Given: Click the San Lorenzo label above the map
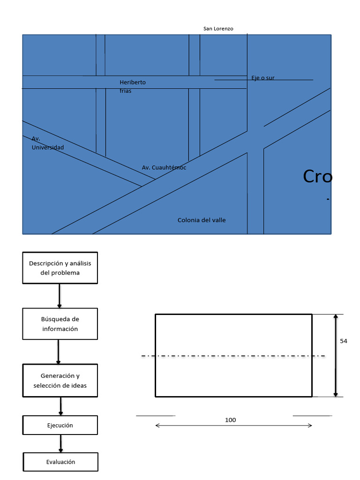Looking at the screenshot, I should coord(218,29).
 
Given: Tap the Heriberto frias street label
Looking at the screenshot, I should coord(132,87).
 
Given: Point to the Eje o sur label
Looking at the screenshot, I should coord(263,78).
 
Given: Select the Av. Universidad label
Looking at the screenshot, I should coord(47,143).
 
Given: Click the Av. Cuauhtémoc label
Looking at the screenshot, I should coord(164,167).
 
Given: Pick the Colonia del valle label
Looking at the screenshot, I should coord(202,220).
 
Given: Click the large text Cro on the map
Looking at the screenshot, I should coord(317,177).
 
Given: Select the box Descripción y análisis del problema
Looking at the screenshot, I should coord(60,268).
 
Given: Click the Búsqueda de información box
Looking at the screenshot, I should coord(60,324).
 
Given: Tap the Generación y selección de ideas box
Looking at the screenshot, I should coord(60,381).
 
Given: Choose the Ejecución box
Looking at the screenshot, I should coord(60,425).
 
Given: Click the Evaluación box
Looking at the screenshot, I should coord(60,462).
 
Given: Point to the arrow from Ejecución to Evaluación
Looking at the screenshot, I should coord(60,443).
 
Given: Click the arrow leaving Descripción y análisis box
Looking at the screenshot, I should coord(60,296).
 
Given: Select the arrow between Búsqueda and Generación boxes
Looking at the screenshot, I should coord(58,352).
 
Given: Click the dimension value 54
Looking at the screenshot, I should coord(344,341).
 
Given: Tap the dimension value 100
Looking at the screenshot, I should coord(231,420).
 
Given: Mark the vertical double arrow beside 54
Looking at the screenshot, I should coord(336,356).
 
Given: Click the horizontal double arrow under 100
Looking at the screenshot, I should coord(233,426).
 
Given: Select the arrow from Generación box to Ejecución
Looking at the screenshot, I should coord(61,406).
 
